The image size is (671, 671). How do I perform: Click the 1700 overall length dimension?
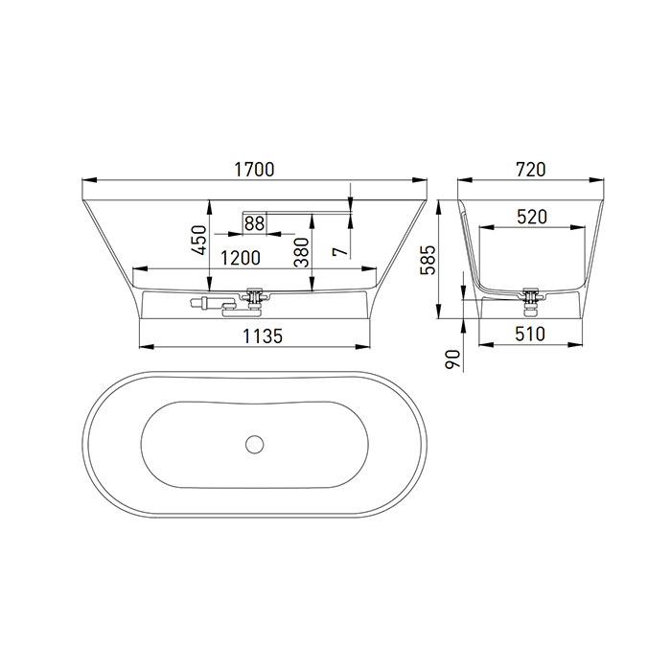tap(254, 170)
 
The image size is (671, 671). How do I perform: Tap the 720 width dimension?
tap(531, 170)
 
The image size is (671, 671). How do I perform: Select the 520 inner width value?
tap(532, 217)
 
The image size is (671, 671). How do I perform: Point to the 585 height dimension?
tap(428, 260)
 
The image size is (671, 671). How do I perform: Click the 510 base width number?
tap(530, 334)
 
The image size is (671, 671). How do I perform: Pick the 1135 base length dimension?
tap(263, 335)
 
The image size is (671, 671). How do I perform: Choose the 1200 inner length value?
tap(240, 258)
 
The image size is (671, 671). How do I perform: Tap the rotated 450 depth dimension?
tap(199, 240)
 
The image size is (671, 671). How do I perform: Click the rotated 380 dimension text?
tap(302, 252)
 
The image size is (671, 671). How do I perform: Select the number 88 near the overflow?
tap(255, 223)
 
